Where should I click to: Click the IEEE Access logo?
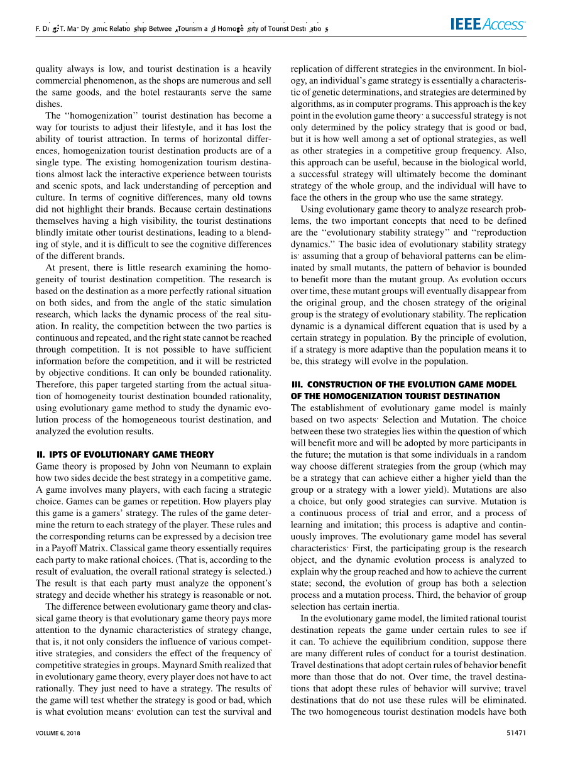488,25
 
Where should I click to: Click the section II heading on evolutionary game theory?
125,454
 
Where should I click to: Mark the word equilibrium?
384,642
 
